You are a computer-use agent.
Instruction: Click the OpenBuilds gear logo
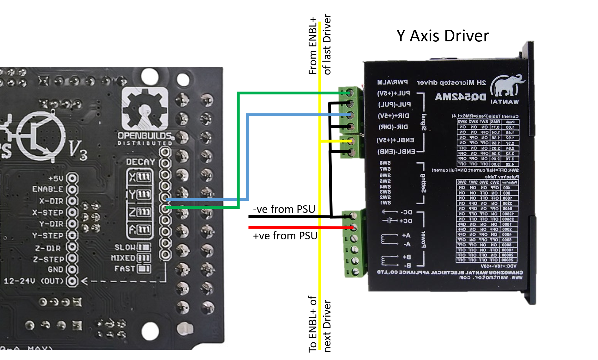[145, 109]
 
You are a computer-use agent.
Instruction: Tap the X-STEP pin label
[48, 213]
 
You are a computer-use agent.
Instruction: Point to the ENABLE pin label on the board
[48, 189]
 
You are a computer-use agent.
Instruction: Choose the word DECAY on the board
[141, 162]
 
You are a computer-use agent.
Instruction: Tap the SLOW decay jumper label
[125, 247]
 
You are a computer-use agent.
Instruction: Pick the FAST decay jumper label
[125, 269]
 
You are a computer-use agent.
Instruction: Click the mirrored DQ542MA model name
[460, 97]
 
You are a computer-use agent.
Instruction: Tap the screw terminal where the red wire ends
[353, 227]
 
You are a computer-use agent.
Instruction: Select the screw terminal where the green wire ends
[349, 93]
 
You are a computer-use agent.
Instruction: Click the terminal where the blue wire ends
[349, 115]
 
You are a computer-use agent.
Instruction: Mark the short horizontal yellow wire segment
[335, 141]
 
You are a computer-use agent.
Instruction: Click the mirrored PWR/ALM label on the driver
[392, 82]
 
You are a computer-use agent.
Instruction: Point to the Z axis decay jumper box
[140, 212]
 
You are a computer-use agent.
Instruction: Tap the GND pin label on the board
[55, 269]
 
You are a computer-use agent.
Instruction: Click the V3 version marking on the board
[78, 150]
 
